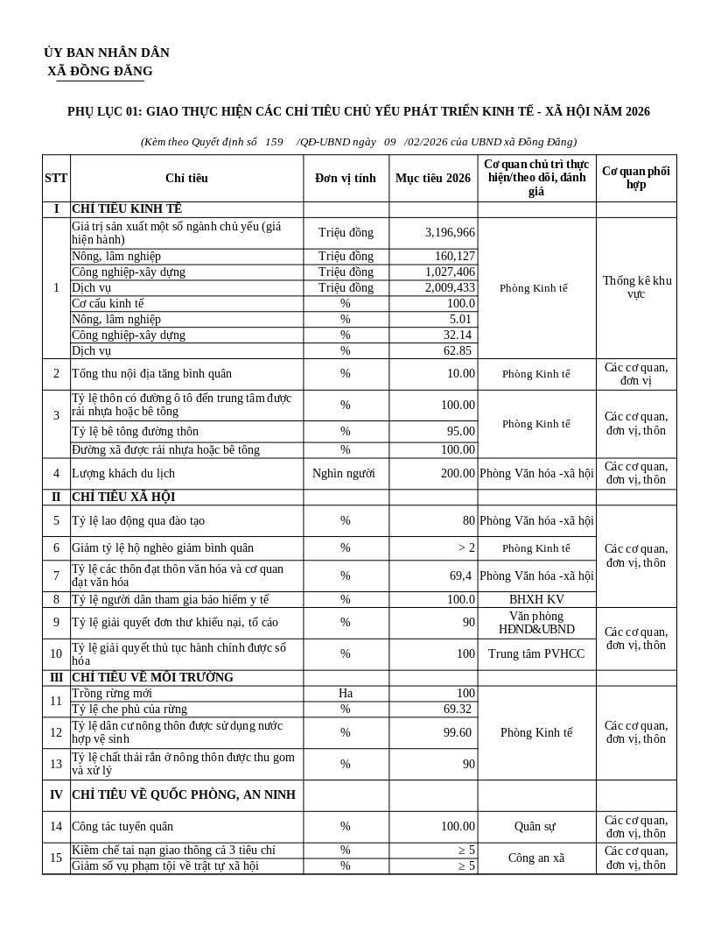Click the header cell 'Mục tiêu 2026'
pos(433,178)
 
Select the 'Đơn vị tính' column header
pos(346,178)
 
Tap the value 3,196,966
pos(450,232)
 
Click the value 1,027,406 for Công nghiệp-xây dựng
pos(450,272)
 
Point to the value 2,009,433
pos(450,287)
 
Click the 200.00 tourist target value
pos(458,473)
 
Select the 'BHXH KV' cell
pos(536,599)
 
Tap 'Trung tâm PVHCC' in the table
pos(536,653)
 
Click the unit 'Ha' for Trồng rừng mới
pos(346,693)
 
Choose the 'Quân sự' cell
pos(536,826)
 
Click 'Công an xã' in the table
pos(536,858)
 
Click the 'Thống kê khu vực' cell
pos(636,287)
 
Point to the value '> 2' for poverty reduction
pos(466,547)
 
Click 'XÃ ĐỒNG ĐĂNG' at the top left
pos(100,71)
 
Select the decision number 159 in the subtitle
pos(274,141)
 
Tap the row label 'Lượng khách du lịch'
pos(123,473)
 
